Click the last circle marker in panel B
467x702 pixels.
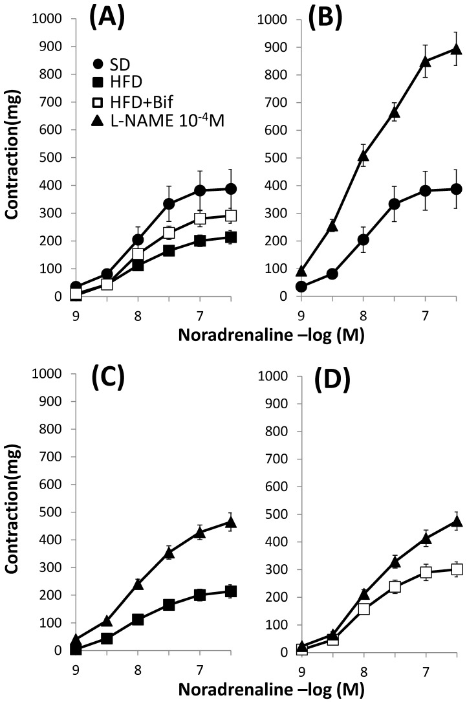pos(456,189)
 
